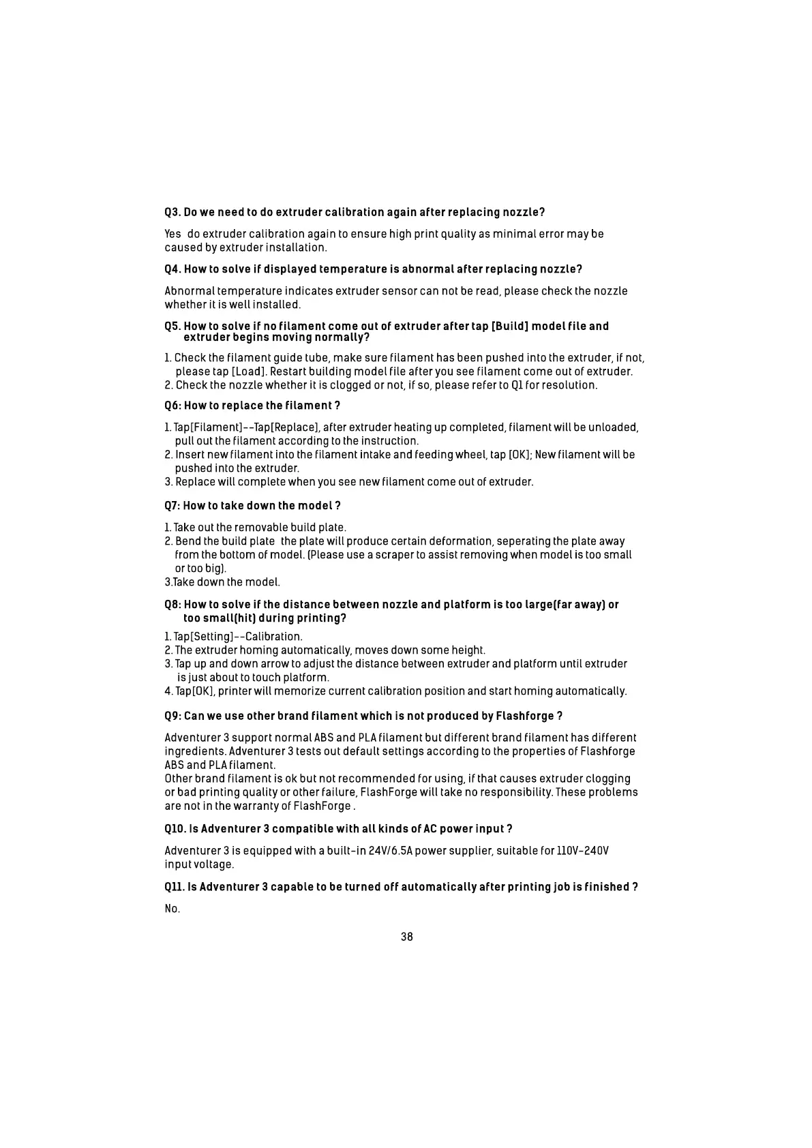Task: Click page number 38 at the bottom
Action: [x=406, y=937]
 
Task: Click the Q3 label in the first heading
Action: [x=172, y=212]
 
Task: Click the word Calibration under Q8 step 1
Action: [x=273, y=637]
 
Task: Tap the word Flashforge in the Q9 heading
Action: [x=524, y=716]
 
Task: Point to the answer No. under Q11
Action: [x=172, y=909]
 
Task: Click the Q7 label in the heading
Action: [x=172, y=506]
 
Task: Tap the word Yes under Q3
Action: [x=173, y=234]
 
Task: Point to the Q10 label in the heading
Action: [x=176, y=829]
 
